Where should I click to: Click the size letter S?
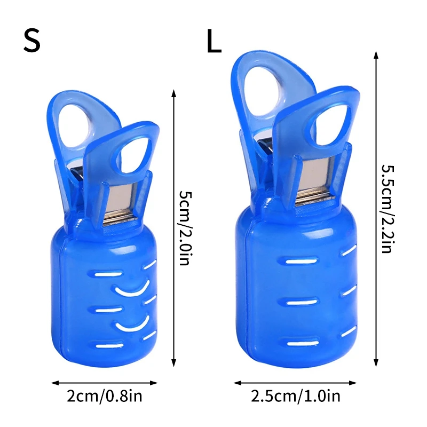(x=32, y=41)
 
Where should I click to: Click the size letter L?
(x=214, y=41)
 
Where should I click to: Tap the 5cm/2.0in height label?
(x=185, y=228)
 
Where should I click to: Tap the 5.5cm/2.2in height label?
(x=388, y=209)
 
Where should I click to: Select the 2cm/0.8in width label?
(x=105, y=396)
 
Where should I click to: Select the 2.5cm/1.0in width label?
(x=296, y=396)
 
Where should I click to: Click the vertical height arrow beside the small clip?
(x=174, y=228)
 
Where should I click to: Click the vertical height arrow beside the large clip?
(x=376, y=209)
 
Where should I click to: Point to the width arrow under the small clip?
(x=104, y=383)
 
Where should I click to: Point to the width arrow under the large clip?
(x=295, y=383)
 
